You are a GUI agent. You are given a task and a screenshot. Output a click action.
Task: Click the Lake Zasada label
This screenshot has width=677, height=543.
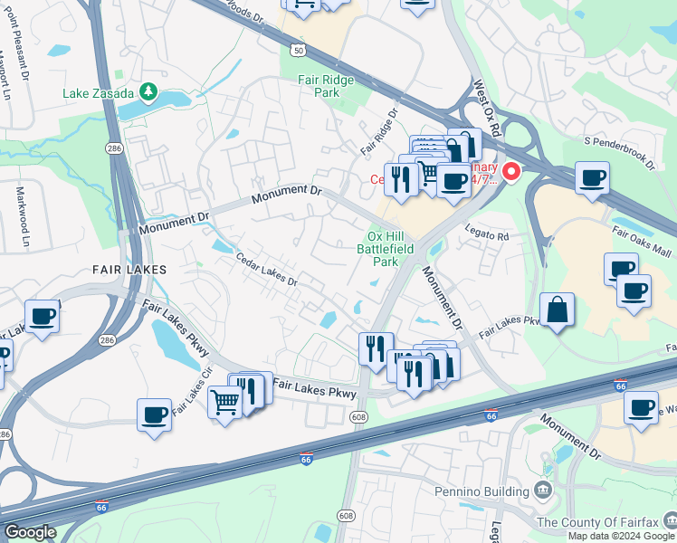tap(98, 92)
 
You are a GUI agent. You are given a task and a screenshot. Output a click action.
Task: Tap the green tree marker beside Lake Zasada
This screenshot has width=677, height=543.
tap(147, 92)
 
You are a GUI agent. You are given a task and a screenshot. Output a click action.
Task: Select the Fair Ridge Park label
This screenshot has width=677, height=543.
tap(326, 86)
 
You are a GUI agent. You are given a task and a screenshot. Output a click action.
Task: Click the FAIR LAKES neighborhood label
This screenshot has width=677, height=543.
tap(129, 270)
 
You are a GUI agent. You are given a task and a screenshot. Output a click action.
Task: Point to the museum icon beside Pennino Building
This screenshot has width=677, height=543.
tap(543, 491)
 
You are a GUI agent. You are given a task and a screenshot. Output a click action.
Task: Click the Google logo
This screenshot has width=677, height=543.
tap(29, 532)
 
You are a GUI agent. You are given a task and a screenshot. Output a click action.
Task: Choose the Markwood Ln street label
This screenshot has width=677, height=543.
tap(23, 217)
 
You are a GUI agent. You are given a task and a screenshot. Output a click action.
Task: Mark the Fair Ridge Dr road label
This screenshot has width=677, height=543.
tap(379, 131)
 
